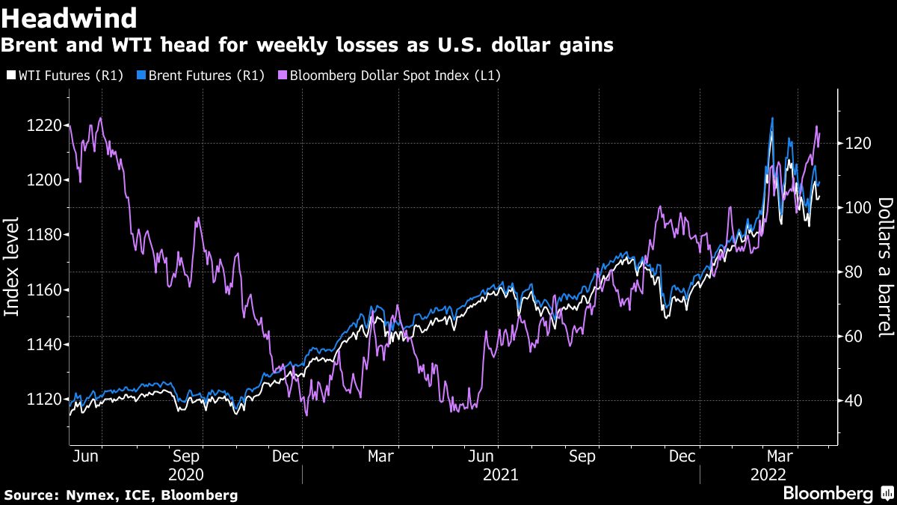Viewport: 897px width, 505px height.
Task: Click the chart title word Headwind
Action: coord(70,17)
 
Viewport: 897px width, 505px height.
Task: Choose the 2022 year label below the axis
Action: coord(768,474)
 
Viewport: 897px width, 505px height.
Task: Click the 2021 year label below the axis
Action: coord(502,474)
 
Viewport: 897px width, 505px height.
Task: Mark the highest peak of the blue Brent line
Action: coord(772,118)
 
